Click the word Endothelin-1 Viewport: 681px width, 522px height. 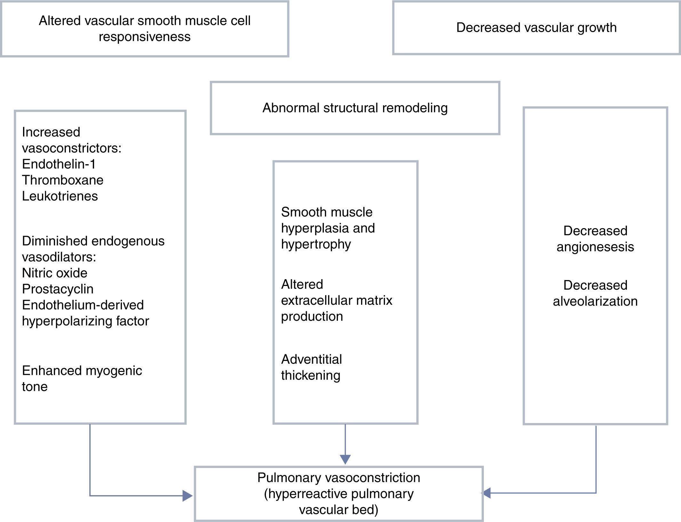[x=59, y=164]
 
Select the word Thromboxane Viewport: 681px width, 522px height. [x=63, y=180]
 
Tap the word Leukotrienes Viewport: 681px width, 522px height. [x=60, y=196]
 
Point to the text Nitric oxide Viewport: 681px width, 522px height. [x=55, y=273]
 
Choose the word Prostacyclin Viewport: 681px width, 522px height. [x=58, y=289]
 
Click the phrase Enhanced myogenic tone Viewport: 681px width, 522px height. [x=82, y=379]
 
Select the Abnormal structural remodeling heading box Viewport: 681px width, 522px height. [x=355, y=108]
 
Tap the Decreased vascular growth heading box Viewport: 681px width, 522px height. [x=536, y=28]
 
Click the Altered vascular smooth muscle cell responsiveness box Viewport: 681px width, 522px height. [x=145, y=29]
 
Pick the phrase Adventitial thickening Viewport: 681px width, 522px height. [x=311, y=367]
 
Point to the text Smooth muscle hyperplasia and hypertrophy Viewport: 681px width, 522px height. [x=328, y=228]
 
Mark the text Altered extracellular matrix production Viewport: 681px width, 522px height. [x=336, y=300]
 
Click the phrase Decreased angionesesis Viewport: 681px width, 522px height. [x=595, y=239]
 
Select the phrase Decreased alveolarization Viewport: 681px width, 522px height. [x=595, y=293]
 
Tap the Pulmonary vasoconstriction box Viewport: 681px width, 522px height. [x=339, y=494]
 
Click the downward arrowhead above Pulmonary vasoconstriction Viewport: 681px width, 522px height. [x=345, y=459]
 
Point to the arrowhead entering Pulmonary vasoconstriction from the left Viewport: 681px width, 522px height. [x=188, y=496]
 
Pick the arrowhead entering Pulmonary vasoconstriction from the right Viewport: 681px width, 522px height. [x=487, y=493]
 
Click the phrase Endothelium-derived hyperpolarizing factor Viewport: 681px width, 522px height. [x=85, y=313]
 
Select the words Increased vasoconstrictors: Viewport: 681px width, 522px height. [x=72, y=140]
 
